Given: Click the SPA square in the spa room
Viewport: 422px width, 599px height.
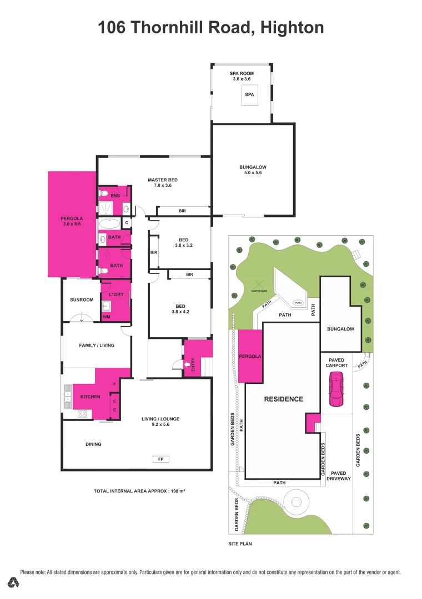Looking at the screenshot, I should click(x=249, y=96).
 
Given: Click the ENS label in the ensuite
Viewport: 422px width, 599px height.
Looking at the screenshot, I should click(x=115, y=196).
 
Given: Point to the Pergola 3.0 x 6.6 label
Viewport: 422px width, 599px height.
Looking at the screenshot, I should click(x=72, y=221).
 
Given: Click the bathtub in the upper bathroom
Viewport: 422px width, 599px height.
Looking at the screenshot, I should click(x=109, y=224).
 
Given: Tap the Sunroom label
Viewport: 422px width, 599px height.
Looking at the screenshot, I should click(x=82, y=300).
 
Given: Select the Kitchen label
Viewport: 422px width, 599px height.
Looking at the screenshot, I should click(x=90, y=397).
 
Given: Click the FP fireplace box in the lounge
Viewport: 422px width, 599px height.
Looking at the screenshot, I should click(x=161, y=459).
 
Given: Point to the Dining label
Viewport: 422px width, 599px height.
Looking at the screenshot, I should click(x=93, y=444).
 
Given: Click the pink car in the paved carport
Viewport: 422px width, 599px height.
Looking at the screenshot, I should click(x=336, y=389).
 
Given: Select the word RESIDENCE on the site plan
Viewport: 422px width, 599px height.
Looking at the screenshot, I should click(x=283, y=399).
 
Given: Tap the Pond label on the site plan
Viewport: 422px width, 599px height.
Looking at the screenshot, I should click(x=298, y=303).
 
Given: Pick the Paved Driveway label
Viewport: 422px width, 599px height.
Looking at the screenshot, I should click(x=339, y=476).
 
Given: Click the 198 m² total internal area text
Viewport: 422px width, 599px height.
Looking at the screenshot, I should click(x=178, y=491).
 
